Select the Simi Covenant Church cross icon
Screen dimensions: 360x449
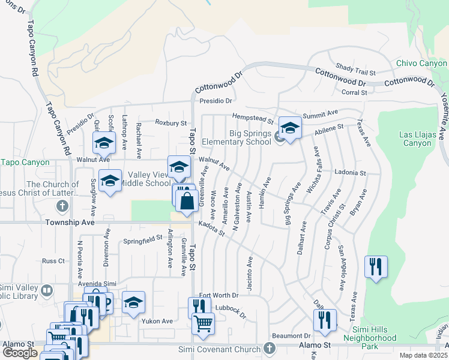(270, 349)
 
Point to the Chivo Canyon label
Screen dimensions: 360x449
(421, 64)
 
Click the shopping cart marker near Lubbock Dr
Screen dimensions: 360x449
(203, 325)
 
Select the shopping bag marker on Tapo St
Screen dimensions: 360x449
(187, 201)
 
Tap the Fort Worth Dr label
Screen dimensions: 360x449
(219, 295)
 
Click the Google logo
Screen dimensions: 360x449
(20, 352)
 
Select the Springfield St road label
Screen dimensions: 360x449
(143, 239)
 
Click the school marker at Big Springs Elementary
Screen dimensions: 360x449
(290, 128)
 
